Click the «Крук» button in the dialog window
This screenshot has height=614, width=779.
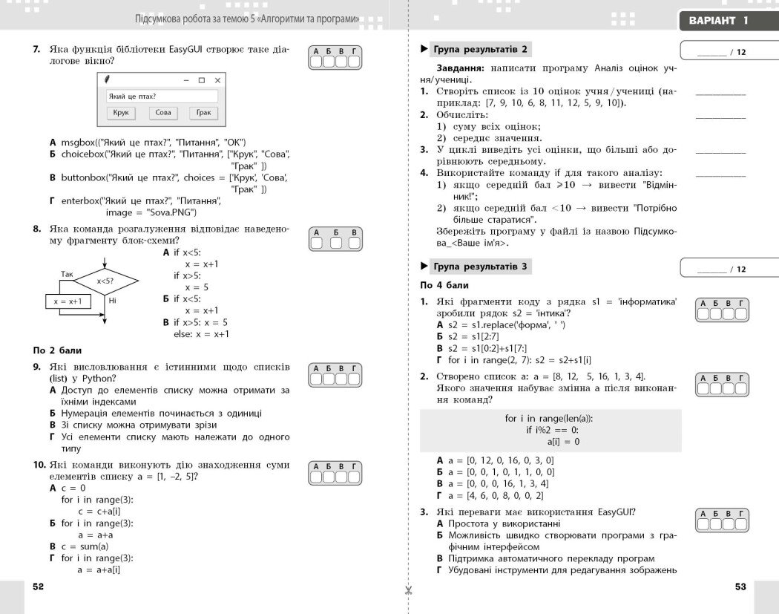click(121, 113)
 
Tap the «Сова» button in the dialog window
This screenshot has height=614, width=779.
click(163, 113)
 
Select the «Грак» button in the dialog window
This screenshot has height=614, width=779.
click(203, 113)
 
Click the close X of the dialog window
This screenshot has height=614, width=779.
click(217, 79)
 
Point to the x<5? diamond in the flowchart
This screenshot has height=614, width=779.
click(105, 281)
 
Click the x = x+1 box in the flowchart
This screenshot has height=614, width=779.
click(67, 301)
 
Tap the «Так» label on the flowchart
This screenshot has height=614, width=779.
click(68, 274)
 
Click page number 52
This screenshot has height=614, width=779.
click(39, 587)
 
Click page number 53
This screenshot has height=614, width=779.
click(740, 587)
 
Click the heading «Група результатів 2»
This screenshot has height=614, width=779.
click(479, 50)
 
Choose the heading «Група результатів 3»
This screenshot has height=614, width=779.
click(479, 267)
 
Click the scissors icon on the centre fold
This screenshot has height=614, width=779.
click(408, 591)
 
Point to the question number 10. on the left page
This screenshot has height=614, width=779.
click(39, 465)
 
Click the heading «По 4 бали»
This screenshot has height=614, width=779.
click(444, 285)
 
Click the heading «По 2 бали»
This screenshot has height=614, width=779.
click(58, 350)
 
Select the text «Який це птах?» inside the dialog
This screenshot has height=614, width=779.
click(133, 97)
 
